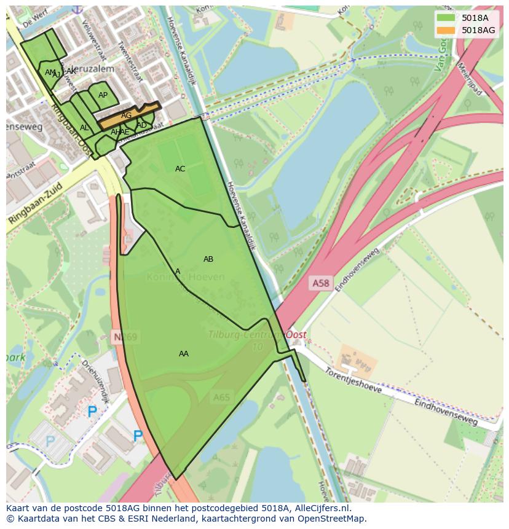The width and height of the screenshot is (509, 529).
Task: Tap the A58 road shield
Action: pyautogui.click(x=320, y=283)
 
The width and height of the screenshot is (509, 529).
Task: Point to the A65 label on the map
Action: pyautogui.click(x=221, y=398)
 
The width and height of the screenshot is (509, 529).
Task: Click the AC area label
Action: pyautogui.click(x=180, y=169)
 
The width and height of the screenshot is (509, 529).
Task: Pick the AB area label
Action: pyautogui.click(x=208, y=259)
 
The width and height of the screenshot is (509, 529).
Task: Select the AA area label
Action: pyautogui.click(x=183, y=354)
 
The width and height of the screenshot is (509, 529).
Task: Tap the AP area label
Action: pyautogui.click(x=103, y=95)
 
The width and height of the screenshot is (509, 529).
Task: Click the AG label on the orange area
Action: pyautogui.click(x=126, y=116)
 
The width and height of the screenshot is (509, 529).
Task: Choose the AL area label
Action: pyautogui.click(x=84, y=128)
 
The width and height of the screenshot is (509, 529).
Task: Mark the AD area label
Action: pyautogui.click(x=142, y=125)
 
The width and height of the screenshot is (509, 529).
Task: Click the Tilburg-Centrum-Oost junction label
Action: pyautogui.click(x=257, y=335)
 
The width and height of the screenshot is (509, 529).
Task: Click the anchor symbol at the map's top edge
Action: pyautogui.click(x=77, y=9)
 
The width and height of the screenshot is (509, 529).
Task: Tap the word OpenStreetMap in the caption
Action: pyautogui.click(x=330, y=519)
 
